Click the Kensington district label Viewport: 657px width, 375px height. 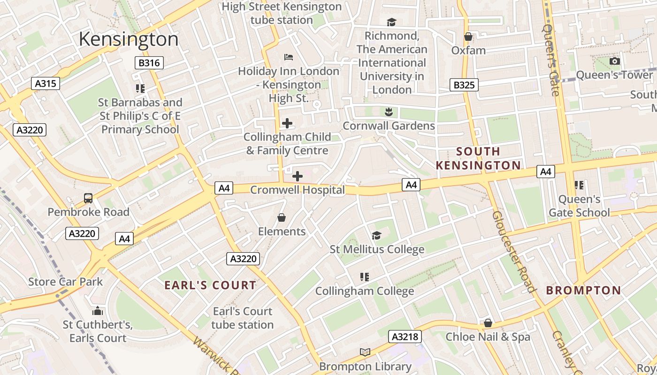point(129,39)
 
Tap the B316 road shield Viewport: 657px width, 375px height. point(149,63)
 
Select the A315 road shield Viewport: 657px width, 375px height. point(46,84)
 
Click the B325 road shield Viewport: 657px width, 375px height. point(464,85)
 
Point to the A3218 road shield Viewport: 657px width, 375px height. point(405,337)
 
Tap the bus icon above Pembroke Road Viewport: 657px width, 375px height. point(88,198)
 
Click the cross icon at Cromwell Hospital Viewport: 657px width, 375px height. point(298,176)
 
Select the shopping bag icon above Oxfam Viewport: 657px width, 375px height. point(468,37)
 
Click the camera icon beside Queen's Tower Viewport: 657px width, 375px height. point(614,61)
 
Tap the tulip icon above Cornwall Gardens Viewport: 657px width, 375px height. point(389,112)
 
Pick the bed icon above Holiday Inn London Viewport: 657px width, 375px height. point(289,57)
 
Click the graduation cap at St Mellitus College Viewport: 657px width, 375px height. point(376,235)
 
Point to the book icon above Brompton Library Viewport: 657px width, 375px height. point(365,352)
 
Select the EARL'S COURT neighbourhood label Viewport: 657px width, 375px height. point(210,285)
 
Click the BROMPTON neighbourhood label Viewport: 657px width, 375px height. point(583,290)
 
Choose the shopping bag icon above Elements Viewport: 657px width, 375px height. point(282,217)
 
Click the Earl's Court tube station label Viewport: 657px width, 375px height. point(242,318)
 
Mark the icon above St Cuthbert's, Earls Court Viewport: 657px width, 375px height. point(98,311)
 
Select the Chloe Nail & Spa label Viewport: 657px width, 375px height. point(488,337)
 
